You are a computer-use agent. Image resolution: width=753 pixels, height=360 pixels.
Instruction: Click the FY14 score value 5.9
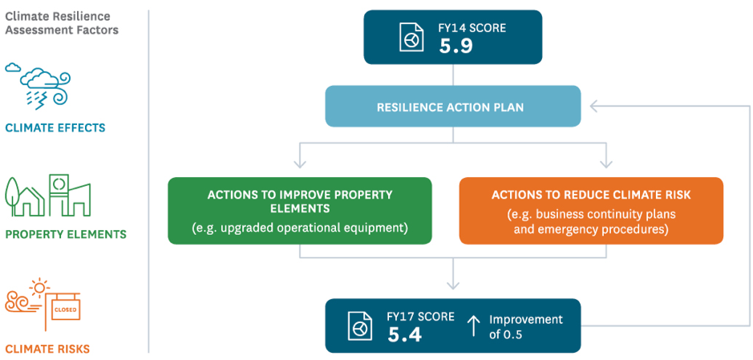[455, 46]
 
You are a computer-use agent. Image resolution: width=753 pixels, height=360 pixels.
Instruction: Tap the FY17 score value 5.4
[404, 334]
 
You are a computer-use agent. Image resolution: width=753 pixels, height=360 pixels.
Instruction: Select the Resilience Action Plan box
[453, 107]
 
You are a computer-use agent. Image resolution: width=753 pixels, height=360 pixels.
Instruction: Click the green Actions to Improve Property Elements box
[300, 211]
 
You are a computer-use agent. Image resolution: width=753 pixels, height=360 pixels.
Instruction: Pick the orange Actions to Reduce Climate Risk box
[591, 211]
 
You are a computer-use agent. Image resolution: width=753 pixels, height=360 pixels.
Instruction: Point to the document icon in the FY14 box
[412, 37]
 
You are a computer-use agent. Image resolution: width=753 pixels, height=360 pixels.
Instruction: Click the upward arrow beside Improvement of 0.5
[473, 326]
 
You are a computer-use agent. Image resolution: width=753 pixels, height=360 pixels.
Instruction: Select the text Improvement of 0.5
[525, 326]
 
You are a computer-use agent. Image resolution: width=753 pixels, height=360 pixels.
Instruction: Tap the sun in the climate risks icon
[38, 288]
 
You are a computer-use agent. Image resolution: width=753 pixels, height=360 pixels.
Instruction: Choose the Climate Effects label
[55, 128]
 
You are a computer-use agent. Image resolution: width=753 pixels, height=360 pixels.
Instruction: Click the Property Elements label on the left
[66, 235]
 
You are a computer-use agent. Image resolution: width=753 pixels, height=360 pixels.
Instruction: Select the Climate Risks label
[47, 349]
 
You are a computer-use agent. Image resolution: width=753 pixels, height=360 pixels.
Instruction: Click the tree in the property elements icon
[13, 196]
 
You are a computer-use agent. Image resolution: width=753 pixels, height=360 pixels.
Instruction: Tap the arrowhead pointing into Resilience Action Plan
[595, 107]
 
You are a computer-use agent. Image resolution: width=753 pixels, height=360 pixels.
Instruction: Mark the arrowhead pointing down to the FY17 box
[453, 285]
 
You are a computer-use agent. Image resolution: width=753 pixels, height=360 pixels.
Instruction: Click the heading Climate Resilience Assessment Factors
[62, 23]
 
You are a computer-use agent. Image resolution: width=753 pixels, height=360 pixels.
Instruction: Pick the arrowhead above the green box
[300, 164]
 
